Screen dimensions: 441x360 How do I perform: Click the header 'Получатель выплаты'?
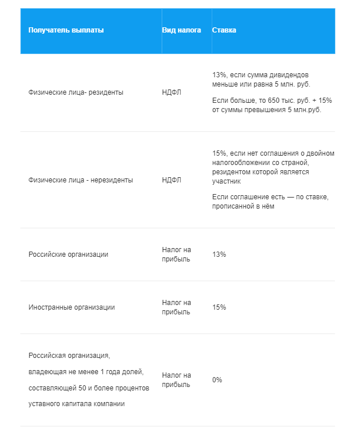coord(66,30)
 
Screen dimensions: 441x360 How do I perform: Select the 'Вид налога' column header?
coord(181,30)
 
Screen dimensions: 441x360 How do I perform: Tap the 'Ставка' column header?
coord(224,30)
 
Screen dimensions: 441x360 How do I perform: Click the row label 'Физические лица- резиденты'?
coord(76,92)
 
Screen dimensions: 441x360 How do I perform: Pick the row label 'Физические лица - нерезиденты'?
coord(80,180)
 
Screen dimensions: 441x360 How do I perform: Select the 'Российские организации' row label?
coord(68,254)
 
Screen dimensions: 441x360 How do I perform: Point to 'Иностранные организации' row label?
coord(72,307)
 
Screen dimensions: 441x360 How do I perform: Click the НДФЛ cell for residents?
coord(172,92)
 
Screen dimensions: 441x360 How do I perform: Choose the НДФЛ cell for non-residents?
coord(172,180)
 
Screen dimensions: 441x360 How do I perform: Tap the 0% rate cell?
coord(217,379)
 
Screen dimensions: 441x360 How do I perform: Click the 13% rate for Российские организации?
coord(219,254)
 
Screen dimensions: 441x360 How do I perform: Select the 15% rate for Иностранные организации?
coord(219,307)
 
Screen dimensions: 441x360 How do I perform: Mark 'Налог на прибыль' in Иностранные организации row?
coord(176,307)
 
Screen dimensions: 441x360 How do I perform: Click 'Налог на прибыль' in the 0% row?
coord(176,379)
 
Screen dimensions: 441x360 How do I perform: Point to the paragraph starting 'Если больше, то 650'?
coord(272,105)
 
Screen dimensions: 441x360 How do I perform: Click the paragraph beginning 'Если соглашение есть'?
coord(270,202)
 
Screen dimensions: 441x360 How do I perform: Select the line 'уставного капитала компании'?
coord(76,404)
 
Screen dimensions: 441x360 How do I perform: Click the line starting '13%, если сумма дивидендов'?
coord(264,76)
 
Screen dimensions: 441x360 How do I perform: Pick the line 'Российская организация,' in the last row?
coord(69,355)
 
